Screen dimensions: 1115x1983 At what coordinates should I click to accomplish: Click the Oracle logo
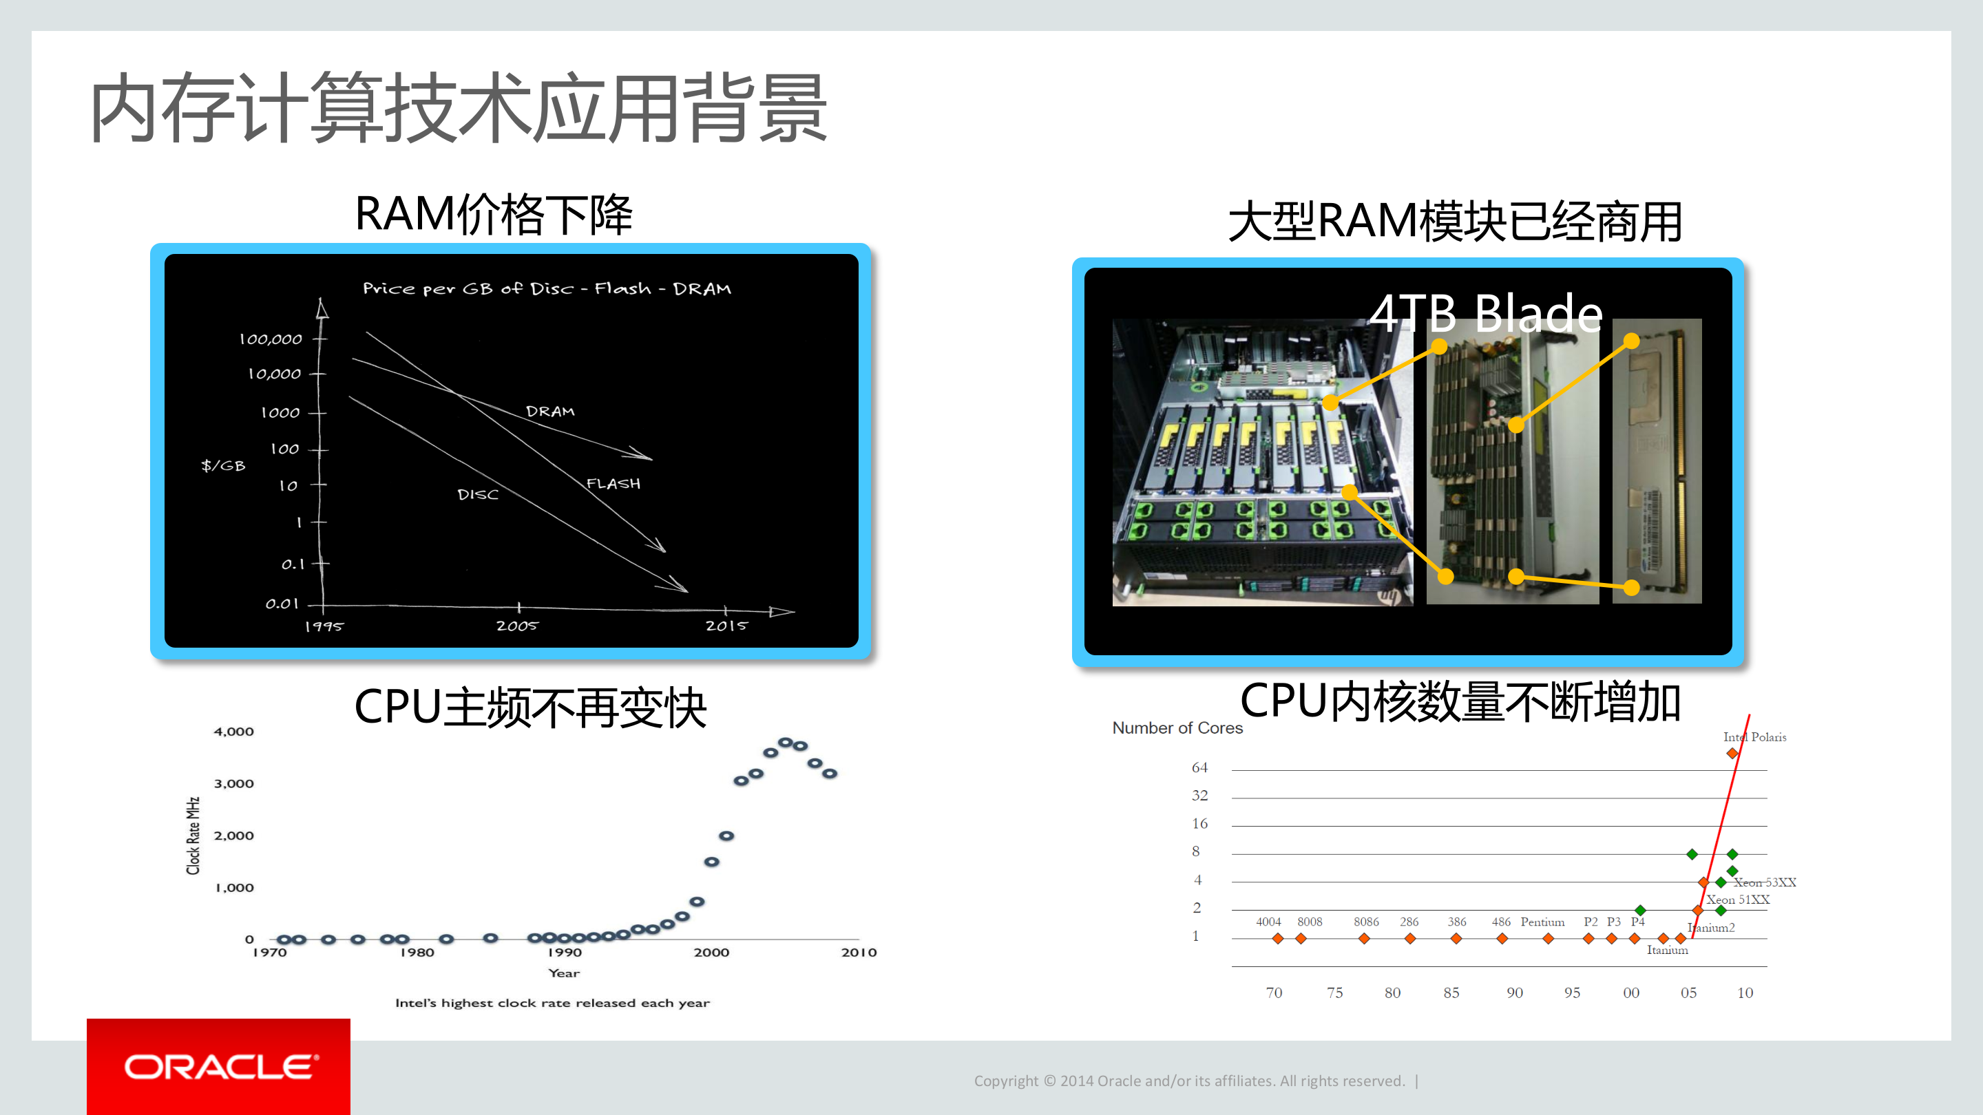pos(219,1067)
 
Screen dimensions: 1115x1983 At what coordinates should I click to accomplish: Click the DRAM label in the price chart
pos(549,412)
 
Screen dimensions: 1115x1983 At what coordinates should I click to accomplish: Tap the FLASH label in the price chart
pos(613,483)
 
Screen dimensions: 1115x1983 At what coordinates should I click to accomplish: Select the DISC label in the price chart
pos(477,494)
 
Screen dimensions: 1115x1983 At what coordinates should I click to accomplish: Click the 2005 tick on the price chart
pos(516,626)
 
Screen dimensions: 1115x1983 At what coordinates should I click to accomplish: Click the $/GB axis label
pos(223,465)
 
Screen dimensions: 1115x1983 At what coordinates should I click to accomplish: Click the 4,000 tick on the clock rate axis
pos(233,731)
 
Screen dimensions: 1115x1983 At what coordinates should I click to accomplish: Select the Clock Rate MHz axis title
pos(193,836)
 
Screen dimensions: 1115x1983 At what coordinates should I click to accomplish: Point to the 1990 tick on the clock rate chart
pos(565,952)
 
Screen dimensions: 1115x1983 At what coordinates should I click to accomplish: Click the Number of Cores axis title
pos(1177,728)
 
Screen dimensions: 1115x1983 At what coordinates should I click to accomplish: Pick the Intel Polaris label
pos(1754,736)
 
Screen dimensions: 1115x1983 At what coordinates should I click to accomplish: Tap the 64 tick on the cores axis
pos(1199,767)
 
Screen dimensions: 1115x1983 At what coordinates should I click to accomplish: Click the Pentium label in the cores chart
pos(1542,921)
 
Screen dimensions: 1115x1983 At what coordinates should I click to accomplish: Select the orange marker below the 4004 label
pos(1278,938)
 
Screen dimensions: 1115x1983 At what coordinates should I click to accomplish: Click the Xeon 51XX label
pos(1737,899)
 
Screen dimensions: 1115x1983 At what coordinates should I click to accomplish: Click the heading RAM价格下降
pos(494,214)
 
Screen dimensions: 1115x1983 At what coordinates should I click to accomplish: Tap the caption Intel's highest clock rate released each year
pos(552,1003)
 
